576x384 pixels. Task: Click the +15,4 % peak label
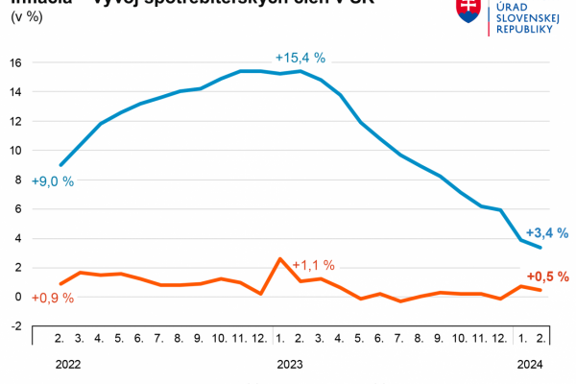pos(300,58)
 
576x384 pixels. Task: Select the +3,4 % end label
pos(547,232)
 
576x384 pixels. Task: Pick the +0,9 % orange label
pos(53,298)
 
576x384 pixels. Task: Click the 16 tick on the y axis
pos(15,62)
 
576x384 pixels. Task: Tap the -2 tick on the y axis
pos(15,325)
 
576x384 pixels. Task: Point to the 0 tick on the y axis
pos(18,297)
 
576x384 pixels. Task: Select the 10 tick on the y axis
pos(15,150)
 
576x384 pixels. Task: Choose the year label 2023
pos(289,364)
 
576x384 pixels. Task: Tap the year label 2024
pos(530,364)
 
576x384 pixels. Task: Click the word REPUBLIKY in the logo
pos(523,30)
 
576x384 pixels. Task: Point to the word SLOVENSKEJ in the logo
pos(525,17)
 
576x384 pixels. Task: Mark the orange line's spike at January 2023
pos(279,258)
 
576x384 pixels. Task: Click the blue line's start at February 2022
pos(60,165)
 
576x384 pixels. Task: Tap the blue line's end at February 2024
pos(541,247)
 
